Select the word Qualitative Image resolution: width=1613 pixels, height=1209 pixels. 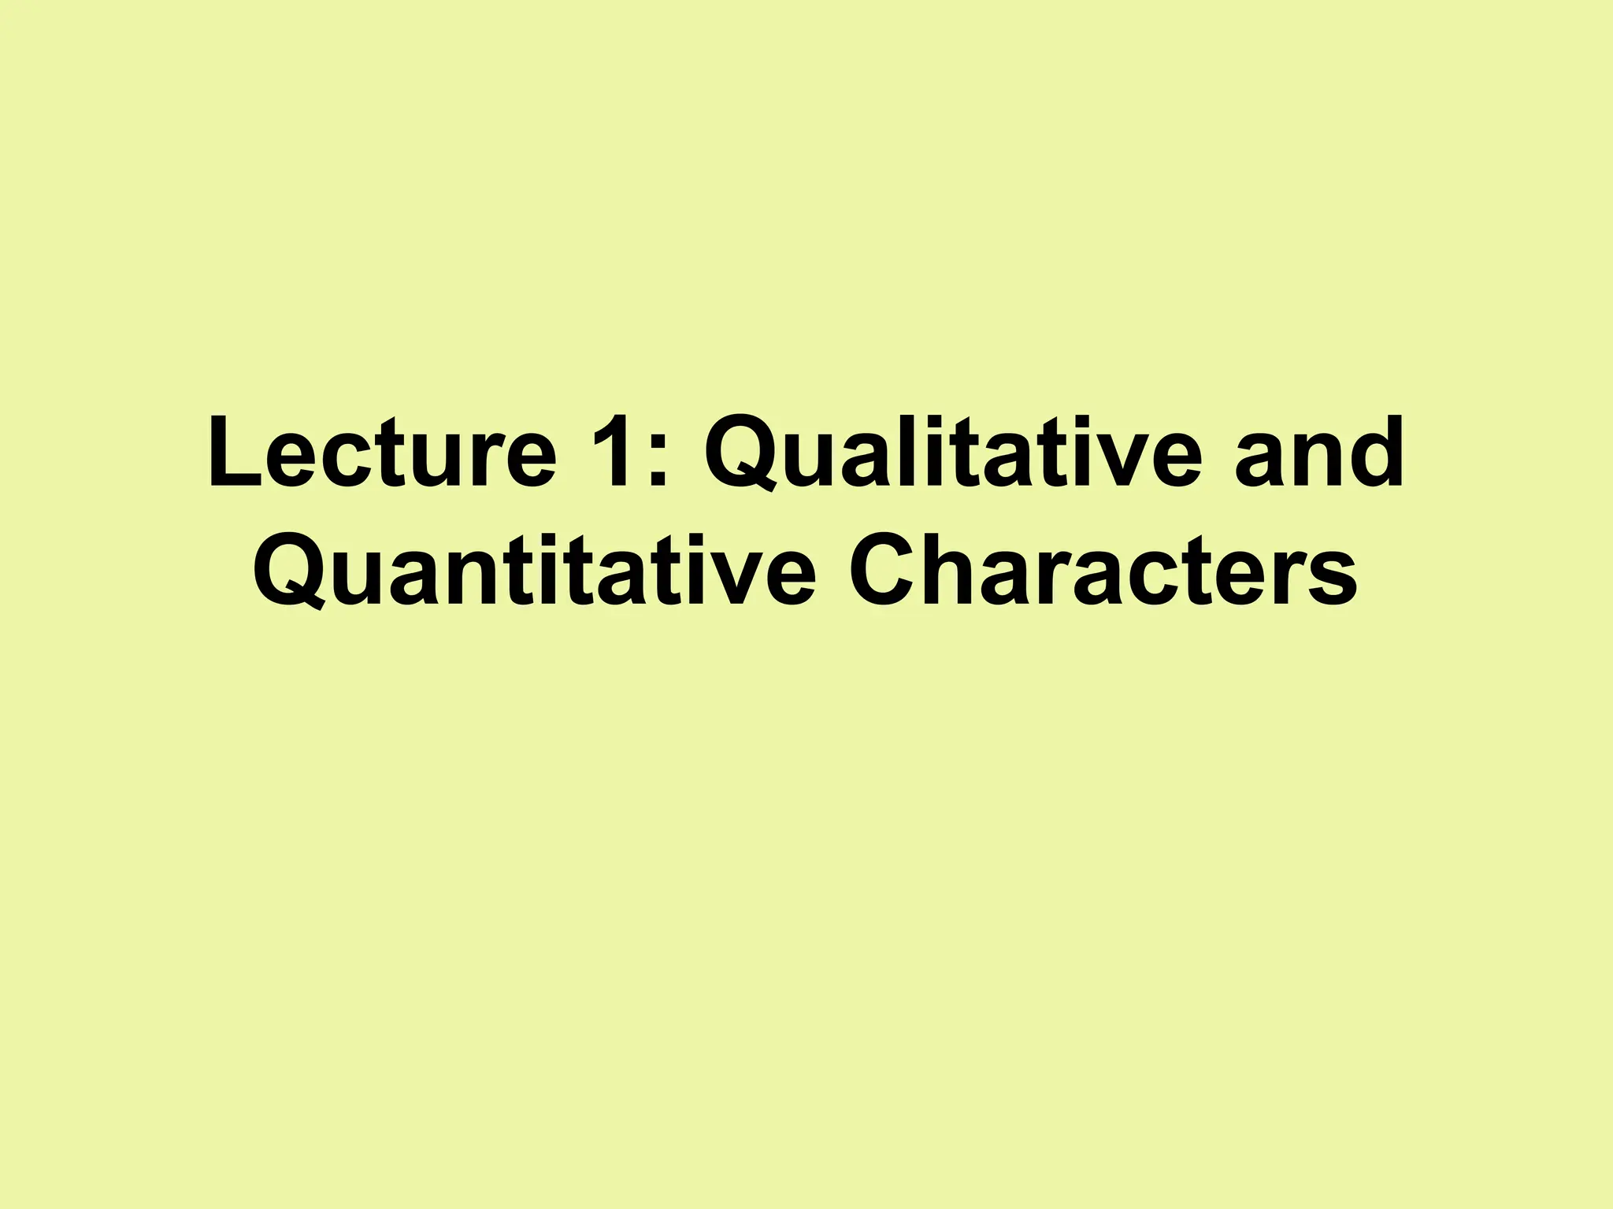click(x=953, y=455)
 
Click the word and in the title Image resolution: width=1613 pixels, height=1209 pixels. click(x=1319, y=455)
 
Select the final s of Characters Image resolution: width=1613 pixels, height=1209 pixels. click(x=1332, y=579)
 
